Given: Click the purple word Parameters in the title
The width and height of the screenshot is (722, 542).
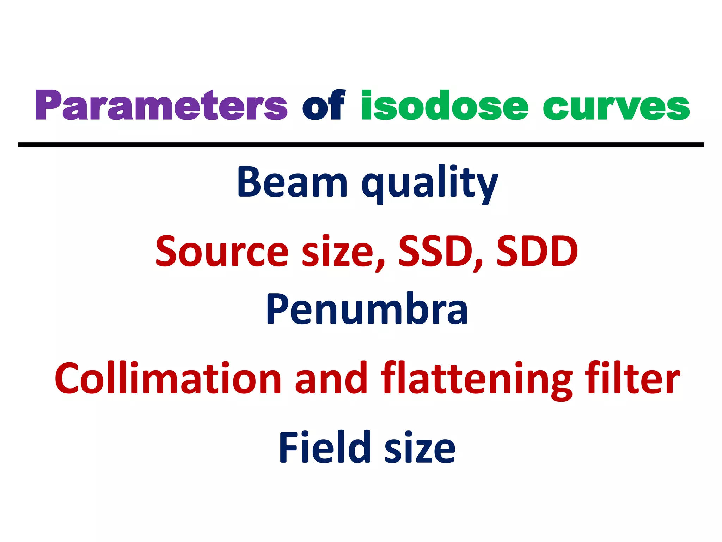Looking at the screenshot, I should [x=161, y=105].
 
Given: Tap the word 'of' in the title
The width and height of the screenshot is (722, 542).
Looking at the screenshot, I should [x=323, y=105].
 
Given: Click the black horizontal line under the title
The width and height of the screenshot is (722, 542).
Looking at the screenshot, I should [x=361, y=145].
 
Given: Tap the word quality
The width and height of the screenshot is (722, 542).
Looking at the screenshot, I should [x=429, y=183].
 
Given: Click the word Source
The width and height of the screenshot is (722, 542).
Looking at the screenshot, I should [x=222, y=251].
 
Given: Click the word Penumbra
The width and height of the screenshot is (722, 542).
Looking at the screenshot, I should [x=367, y=309].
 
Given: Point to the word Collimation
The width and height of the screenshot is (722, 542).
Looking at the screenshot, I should [x=168, y=378].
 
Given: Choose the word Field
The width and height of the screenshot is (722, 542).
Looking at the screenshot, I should [x=324, y=447].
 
